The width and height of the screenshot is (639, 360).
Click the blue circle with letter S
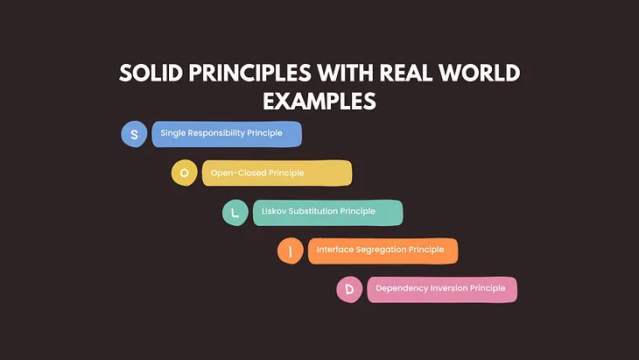134,134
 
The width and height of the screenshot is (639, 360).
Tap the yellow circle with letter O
184,173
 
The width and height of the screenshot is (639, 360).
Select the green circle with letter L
235,212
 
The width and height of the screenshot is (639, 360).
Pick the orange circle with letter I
290,251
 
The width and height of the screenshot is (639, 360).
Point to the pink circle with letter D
349,289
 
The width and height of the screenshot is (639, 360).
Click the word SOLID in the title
151,74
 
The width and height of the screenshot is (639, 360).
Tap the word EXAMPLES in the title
319,101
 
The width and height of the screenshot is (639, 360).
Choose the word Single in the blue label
175,134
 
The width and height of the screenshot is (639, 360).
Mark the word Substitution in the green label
319,211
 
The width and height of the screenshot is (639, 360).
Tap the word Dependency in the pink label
401,288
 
